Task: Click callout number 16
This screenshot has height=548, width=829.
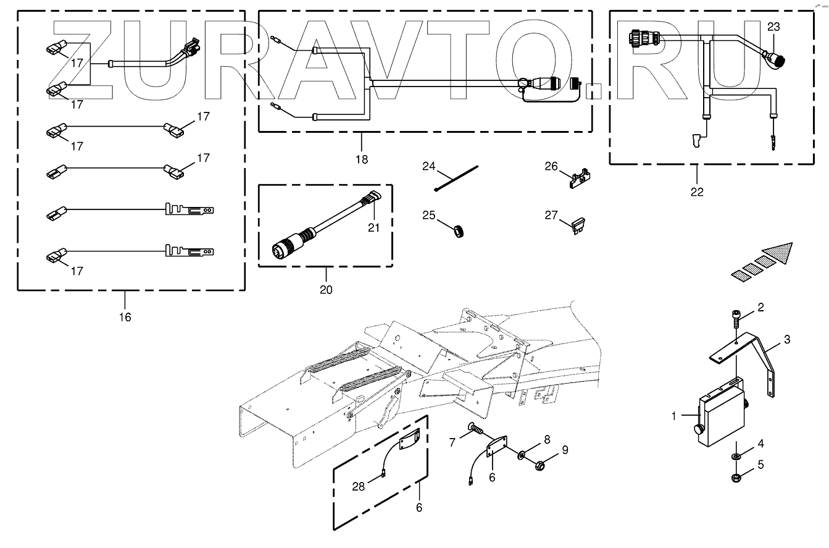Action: (x=125, y=317)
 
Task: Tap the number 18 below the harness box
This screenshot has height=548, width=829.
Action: (x=362, y=159)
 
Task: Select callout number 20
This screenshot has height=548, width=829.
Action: (x=326, y=290)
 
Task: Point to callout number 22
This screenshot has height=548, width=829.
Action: (x=697, y=192)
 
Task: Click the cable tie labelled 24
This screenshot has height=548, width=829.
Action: (x=456, y=179)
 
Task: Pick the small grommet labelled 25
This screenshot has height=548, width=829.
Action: (x=459, y=231)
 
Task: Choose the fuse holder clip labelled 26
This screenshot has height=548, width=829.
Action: (x=580, y=179)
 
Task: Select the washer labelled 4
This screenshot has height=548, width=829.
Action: (x=736, y=456)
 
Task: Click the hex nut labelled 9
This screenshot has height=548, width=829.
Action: (x=539, y=465)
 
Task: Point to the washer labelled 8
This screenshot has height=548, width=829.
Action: (x=521, y=454)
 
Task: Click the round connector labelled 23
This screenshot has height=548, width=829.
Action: (x=774, y=60)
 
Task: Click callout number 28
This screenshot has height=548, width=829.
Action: (x=358, y=486)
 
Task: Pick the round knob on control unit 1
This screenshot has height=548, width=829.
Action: (x=698, y=430)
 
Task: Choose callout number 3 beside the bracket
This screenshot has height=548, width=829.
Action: (x=787, y=339)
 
